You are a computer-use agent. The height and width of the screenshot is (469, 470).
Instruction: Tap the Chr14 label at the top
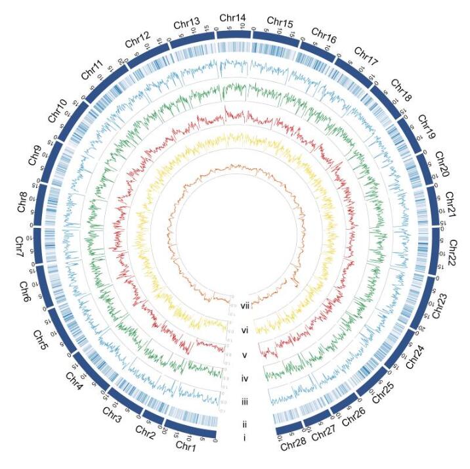click(232, 18)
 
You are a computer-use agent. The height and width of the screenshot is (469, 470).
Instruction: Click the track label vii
click(246, 304)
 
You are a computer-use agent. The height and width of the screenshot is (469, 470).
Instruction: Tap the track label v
click(244, 355)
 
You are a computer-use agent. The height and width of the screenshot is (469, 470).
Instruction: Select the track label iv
click(244, 378)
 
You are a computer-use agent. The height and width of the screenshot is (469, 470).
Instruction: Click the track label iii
click(244, 400)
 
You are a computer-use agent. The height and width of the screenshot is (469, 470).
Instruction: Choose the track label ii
click(244, 422)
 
